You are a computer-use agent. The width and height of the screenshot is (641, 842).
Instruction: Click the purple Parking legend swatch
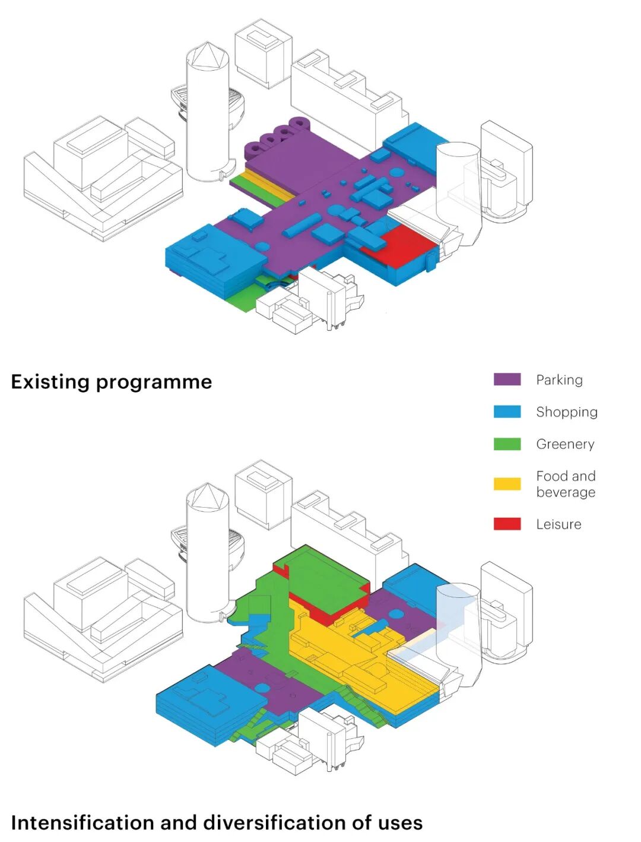coord(507,379)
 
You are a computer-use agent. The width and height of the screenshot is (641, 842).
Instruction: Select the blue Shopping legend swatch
coord(507,411)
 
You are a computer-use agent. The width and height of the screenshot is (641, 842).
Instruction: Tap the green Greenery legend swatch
coord(507,444)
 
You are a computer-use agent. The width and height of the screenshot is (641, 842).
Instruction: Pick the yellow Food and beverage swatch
coord(507,483)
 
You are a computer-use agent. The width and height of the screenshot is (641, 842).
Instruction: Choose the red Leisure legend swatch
coord(507,524)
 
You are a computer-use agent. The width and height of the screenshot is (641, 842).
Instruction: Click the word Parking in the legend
coord(559,380)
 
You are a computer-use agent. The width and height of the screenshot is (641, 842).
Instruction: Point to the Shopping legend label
coord(566,412)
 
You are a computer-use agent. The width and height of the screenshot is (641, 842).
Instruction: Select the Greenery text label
coord(565,444)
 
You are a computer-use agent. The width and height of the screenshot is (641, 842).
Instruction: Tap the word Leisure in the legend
coord(559,524)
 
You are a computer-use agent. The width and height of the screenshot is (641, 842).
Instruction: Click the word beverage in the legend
coord(566,492)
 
